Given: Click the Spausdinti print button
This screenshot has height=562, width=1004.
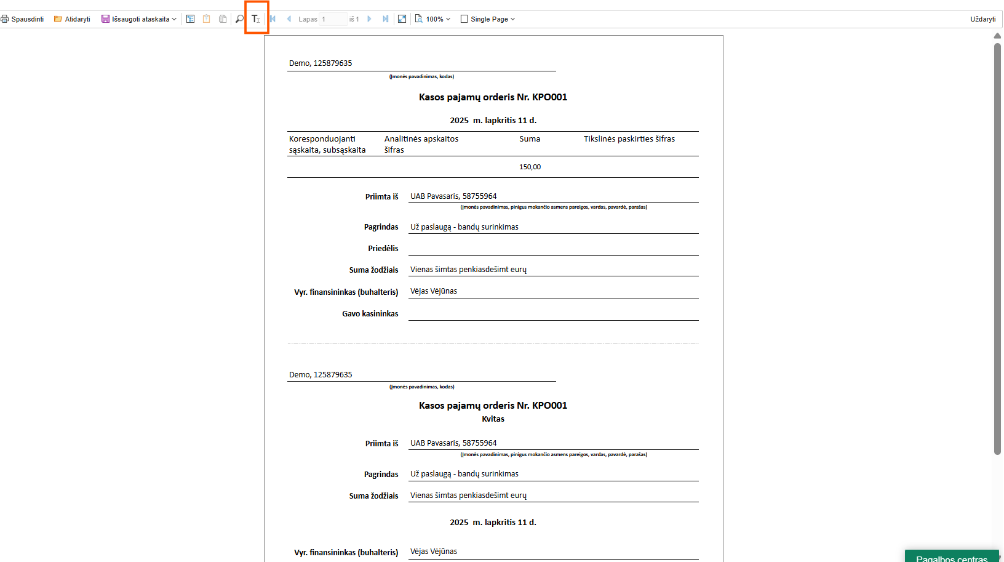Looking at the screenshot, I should click(23, 19).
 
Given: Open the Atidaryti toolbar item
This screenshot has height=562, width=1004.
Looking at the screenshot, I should click(72, 19).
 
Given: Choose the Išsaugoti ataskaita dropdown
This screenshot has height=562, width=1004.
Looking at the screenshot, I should click(139, 19).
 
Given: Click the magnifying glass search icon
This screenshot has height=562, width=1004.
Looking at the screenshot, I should click(239, 19).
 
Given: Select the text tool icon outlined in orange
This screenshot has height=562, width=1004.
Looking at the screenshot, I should click(256, 19).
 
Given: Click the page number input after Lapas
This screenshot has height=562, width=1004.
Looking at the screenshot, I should click(333, 19).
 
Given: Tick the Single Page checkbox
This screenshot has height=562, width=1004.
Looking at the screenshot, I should click(464, 19).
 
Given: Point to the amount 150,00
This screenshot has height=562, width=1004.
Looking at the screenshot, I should click(530, 167).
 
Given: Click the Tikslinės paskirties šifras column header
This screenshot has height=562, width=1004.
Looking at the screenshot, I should click(629, 139).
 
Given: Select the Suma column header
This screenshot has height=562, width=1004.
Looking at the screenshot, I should click(530, 139).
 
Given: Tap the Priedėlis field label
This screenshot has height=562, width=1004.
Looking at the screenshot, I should click(383, 249).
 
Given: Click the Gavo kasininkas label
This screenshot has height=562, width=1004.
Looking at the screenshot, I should click(370, 314).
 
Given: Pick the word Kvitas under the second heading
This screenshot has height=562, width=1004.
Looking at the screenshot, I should click(493, 419).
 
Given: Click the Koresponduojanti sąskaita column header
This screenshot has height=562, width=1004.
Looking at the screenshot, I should click(327, 144).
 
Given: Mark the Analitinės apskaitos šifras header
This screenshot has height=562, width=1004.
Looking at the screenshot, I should click(421, 144).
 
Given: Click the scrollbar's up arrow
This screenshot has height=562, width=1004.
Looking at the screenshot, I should click(997, 36).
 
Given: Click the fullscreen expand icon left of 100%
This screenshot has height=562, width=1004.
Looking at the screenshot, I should click(402, 19).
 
